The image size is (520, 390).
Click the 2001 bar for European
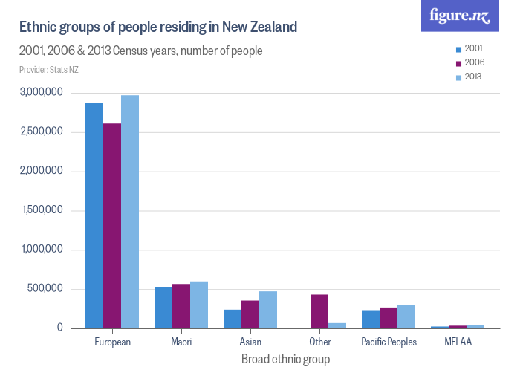[94, 215]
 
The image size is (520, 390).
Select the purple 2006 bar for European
[112, 226]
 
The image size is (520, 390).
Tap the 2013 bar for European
[130, 212]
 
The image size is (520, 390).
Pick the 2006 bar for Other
[319, 311]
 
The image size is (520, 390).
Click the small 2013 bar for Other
[337, 325]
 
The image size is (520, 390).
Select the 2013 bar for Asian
[268, 310]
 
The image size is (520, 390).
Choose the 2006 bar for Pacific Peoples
[389, 318]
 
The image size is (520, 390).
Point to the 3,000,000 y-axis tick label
[42, 93]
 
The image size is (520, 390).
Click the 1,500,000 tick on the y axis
[42, 211]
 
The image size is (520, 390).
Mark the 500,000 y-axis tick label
[48, 289]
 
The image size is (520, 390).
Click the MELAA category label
[458, 342]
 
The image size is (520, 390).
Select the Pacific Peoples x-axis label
[389, 342]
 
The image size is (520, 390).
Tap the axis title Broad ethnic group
[285, 360]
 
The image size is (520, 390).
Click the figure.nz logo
[460, 16]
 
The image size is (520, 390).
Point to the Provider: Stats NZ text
[49, 71]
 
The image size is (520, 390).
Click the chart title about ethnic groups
[157, 27]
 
